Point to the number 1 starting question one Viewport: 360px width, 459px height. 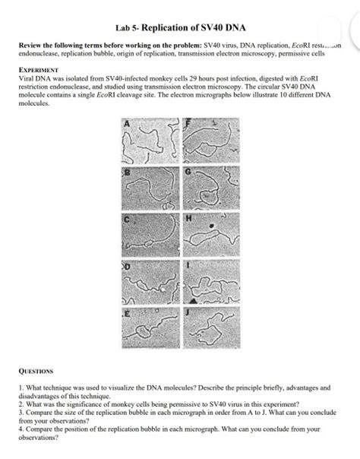[x=21, y=387]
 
